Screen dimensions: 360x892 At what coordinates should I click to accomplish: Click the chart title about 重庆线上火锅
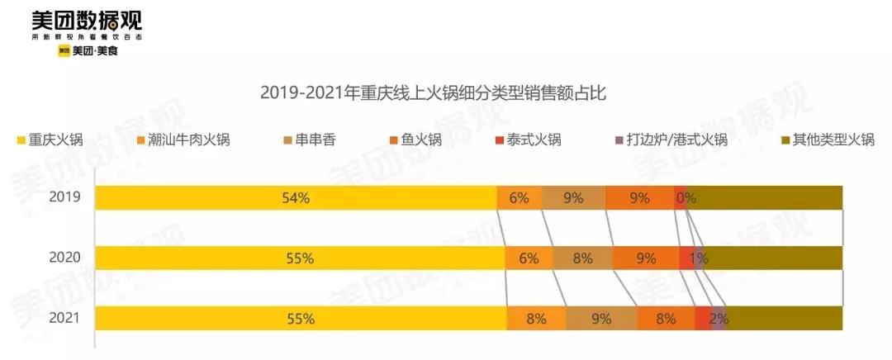pos(434,92)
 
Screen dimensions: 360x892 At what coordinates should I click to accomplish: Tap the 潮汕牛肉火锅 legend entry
pos(183,140)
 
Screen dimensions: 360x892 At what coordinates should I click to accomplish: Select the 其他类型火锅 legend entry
pos(826,140)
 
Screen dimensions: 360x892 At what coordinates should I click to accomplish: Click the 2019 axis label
pos(64,197)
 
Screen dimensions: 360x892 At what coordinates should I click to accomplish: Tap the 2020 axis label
pos(64,258)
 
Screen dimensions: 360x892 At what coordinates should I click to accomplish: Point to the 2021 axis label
pos(64,318)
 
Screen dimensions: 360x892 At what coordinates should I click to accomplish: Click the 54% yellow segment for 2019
pos(296,198)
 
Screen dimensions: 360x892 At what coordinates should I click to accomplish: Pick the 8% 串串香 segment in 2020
pos(582,258)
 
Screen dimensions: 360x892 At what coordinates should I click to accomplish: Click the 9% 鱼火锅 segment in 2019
pos(639,198)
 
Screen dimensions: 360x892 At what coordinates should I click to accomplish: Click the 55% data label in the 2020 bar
pos(300,258)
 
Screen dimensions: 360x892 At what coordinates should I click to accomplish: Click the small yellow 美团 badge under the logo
pos(64,51)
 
